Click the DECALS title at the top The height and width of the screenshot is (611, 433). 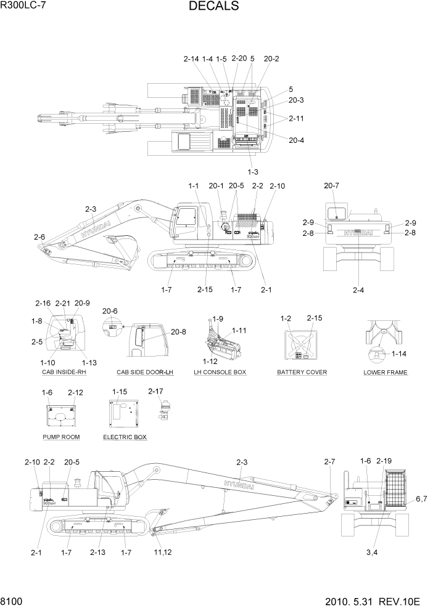213,7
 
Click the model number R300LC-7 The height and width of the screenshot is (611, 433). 24,6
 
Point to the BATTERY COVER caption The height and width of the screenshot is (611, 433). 302,373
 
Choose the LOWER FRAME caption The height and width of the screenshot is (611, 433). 386,373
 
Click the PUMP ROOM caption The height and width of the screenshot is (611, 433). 61,437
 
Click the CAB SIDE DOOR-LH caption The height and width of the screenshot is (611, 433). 146,373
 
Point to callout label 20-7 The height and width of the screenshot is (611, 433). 332,185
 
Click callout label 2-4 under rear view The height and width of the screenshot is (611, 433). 358,289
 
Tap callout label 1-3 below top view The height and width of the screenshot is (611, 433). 253,171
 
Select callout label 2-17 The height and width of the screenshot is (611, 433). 155,391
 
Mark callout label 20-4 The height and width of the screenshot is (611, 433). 297,140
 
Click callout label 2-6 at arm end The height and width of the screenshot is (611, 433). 39,237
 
